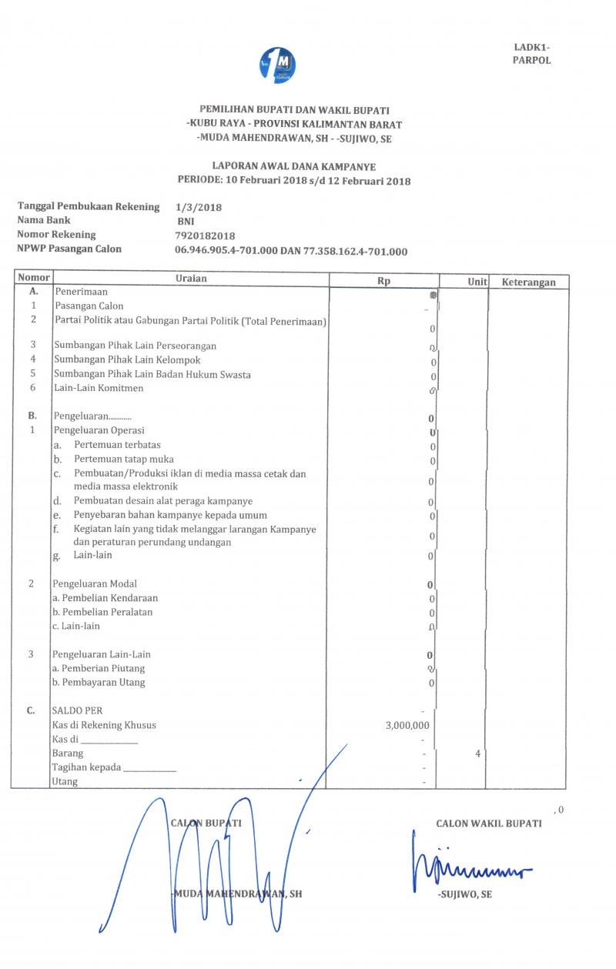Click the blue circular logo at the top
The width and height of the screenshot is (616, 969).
[278, 65]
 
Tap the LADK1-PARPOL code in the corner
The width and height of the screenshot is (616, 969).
[531, 54]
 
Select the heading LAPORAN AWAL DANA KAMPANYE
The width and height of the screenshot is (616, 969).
[293, 166]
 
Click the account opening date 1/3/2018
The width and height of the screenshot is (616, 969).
[199, 208]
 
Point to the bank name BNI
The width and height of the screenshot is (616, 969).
[186, 222]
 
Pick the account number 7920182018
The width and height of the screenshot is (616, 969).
[206, 236]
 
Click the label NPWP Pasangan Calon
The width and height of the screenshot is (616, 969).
[69, 249]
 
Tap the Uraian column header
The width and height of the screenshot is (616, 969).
[191, 279]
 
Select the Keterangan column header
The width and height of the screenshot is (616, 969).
[529, 282]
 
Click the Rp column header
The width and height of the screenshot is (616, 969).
[383, 282]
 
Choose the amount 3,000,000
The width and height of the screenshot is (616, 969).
[407, 725]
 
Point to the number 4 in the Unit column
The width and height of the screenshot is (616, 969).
[478, 753]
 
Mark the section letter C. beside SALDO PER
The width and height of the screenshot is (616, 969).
[32, 710]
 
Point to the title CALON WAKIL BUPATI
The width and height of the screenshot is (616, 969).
[488, 824]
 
